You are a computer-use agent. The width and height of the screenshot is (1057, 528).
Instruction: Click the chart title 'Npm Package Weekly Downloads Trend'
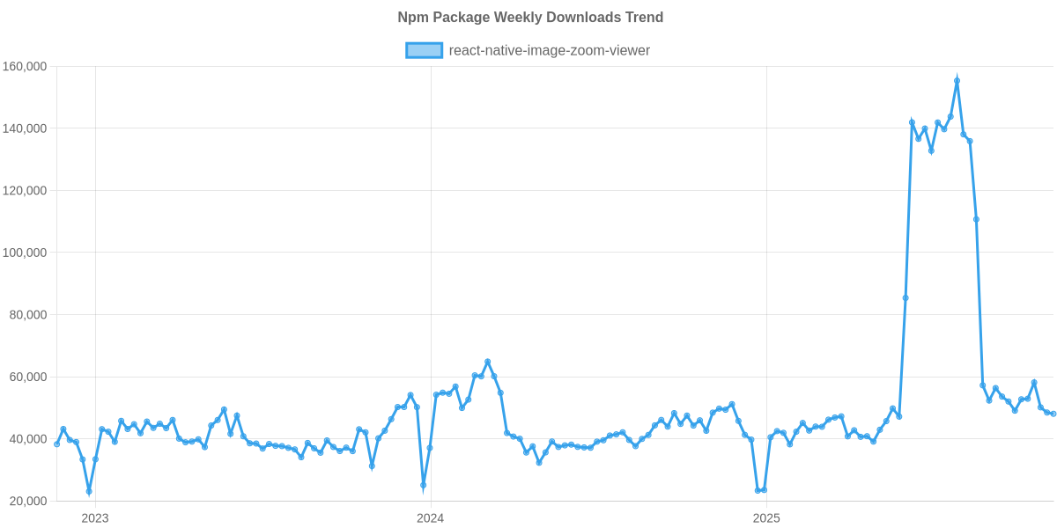[x=529, y=18]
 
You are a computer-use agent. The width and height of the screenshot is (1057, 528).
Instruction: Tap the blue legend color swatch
[x=424, y=51]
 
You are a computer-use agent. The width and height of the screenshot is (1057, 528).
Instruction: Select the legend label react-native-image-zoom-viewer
[x=549, y=51]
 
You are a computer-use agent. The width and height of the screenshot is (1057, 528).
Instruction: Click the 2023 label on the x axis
[x=95, y=518]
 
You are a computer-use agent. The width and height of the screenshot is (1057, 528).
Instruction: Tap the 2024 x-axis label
[x=430, y=518]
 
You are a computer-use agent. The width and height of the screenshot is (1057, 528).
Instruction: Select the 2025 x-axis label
[x=766, y=518]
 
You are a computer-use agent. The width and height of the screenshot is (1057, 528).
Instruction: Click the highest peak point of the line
[x=957, y=80]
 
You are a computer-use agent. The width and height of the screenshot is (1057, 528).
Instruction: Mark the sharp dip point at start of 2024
[x=424, y=486]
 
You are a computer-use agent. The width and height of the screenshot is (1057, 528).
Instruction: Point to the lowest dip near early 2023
[x=89, y=491]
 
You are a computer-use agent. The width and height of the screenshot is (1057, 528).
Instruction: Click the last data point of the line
[x=1053, y=414]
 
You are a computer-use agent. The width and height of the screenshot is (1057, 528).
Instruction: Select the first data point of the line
[x=56, y=444]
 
